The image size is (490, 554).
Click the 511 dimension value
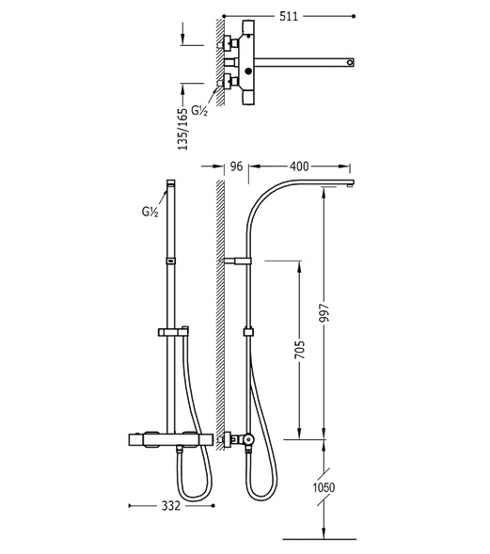click(x=289, y=16)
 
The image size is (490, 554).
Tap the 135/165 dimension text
click(x=183, y=129)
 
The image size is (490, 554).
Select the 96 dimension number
click(x=236, y=166)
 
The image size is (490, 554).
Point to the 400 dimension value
click(x=299, y=166)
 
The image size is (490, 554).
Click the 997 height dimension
click(x=324, y=312)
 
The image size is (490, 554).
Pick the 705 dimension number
click(x=300, y=350)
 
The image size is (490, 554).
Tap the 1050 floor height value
click(x=324, y=487)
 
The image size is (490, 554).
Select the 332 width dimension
click(x=171, y=506)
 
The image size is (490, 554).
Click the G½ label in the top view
click(x=199, y=111)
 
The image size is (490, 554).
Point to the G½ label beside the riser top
click(x=150, y=212)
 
